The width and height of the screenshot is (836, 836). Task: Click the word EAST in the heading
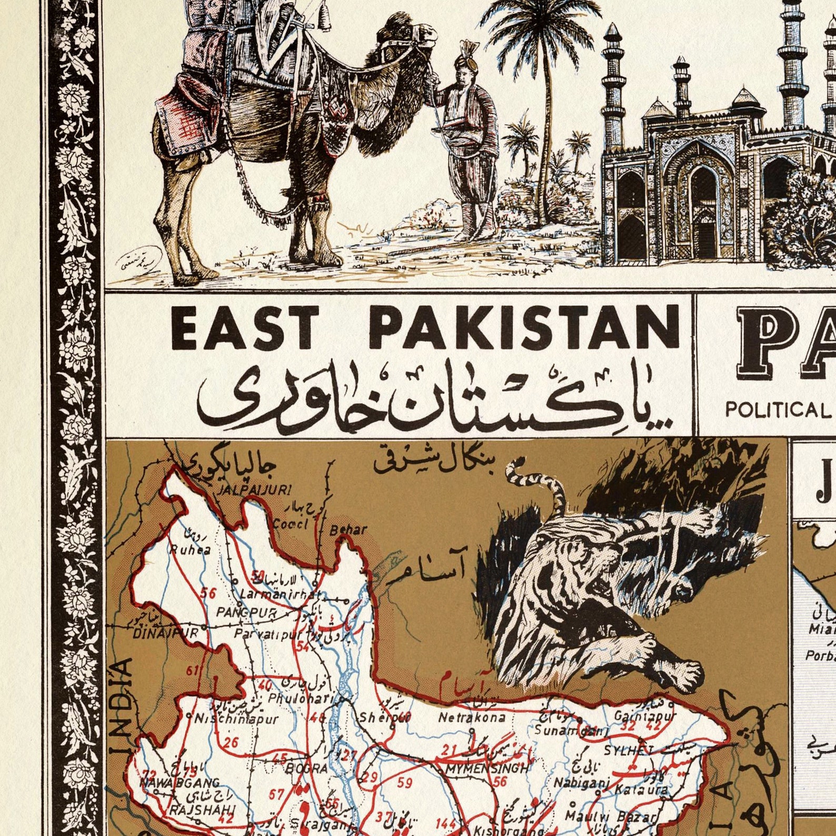coord(244,328)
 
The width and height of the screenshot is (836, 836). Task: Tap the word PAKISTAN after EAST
coord(523,328)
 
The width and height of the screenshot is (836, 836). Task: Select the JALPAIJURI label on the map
coord(255,490)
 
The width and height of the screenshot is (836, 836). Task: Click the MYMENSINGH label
coord(486,769)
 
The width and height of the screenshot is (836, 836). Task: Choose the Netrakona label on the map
coord(472,717)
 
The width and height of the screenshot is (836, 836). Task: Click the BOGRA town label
coord(306,769)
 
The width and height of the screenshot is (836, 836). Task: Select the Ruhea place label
coord(190,550)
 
